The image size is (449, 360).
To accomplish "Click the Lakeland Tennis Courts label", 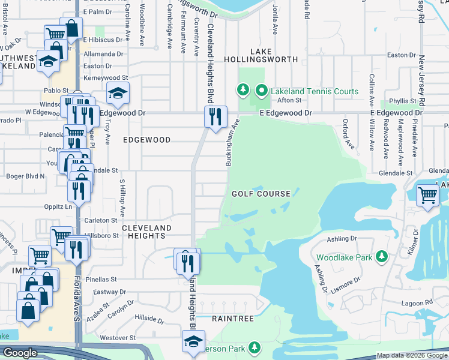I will (x=315, y=91).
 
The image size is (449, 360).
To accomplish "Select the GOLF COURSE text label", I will (x=261, y=194).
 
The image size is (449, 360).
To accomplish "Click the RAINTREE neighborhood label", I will (x=233, y=319).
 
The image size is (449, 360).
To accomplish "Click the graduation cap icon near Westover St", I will (x=193, y=341).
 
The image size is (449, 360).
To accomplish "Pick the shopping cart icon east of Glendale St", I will (x=427, y=194).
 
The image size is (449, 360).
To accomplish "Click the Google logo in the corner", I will (x=20, y=353).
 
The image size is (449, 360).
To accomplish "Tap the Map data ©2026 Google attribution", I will (x=412, y=355).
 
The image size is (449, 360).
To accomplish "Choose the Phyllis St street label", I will (x=403, y=101).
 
